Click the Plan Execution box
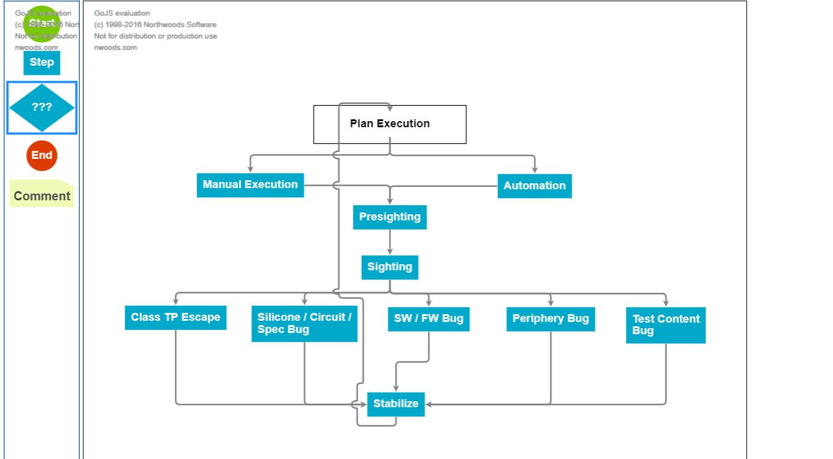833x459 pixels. (x=389, y=124)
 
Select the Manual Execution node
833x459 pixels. (x=250, y=185)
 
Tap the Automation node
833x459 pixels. (x=534, y=186)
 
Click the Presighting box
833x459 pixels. (x=389, y=217)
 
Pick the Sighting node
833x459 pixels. (x=389, y=267)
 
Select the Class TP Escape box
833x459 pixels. (x=175, y=318)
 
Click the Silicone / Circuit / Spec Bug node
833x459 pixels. (x=304, y=324)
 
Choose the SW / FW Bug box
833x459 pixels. (x=428, y=319)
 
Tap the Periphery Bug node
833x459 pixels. (x=550, y=319)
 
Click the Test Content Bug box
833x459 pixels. (x=665, y=325)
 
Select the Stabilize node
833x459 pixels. (x=395, y=404)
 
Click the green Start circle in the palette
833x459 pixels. (x=41, y=24)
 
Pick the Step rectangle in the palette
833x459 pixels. (x=41, y=63)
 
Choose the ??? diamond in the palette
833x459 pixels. (x=41, y=108)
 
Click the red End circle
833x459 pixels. (x=41, y=156)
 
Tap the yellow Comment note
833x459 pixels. (x=41, y=196)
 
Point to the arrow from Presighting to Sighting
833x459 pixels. (x=390, y=242)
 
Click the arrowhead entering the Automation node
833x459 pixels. (x=535, y=169)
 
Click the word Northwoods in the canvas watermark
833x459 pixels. (x=168, y=25)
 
